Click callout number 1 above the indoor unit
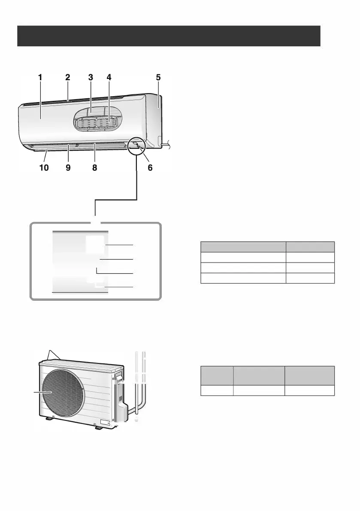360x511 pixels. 40,78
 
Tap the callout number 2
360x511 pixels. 67,78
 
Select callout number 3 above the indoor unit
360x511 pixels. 91,78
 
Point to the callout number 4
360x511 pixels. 109,78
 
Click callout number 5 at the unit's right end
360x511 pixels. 158,78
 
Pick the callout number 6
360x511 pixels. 150,168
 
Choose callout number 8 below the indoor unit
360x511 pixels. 95,168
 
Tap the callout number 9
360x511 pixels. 68,168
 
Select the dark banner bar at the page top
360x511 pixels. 169,36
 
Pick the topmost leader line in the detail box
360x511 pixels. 120,245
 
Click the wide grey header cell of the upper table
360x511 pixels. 243,246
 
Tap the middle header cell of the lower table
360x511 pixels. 259,375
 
